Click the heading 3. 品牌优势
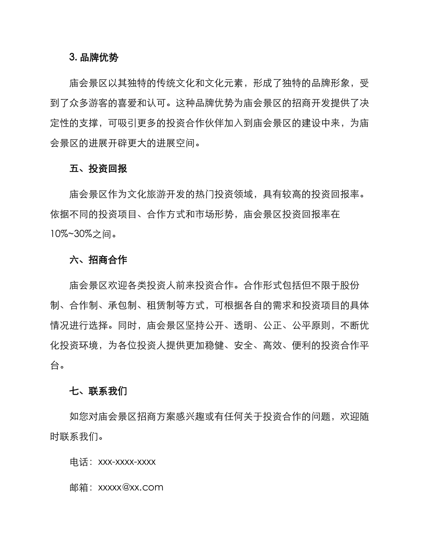94,57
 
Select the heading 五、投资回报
98,169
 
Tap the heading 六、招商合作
98,260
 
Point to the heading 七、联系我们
98,391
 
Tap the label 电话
79,462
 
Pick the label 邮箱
79,487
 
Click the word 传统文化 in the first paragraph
184,83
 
